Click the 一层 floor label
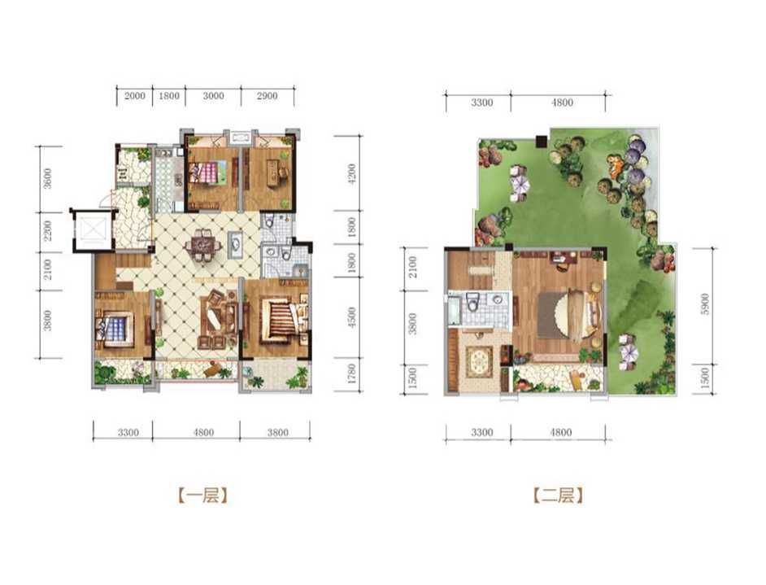pyautogui.click(x=202, y=496)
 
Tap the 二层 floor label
pyautogui.click(x=558, y=496)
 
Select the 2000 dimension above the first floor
pyautogui.click(x=134, y=96)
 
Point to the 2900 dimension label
pyautogui.click(x=267, y=96)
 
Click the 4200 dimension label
pyautogui.click(x=353, y=173)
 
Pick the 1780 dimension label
pyautogui.click(x=353, y=374)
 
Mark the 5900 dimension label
pyautogui.click(x=704, y=304)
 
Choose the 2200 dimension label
pyautogui.click(x=47, y=231)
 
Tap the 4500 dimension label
pyautogui.click(x=353, y=317)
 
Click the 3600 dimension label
pyautogui.click(x=47, y=178)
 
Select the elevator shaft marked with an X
pyautogui.click(x=93, y=229)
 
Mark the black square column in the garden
pyautogui.click(x=541, y=142)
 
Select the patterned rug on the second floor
pyautogui.click(x=480, y=361)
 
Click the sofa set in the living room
pyautogui.click(x=218, y=319)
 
